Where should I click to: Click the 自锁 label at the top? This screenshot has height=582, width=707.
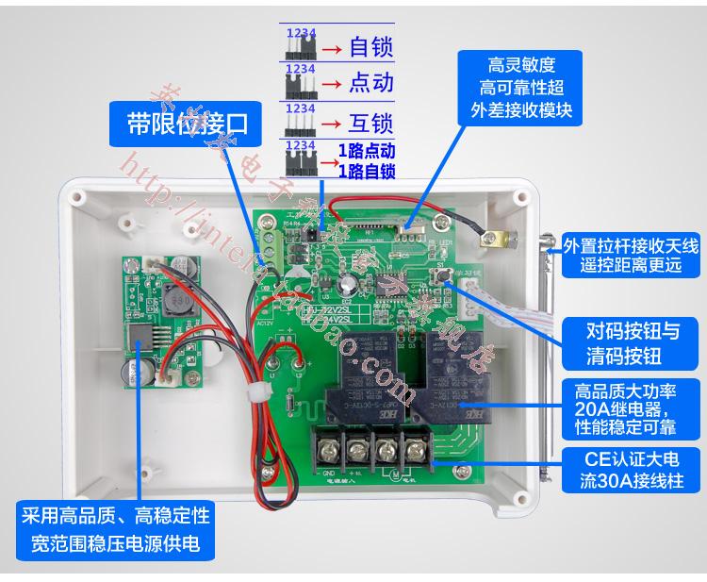pyautogui.click(x=370, y=46)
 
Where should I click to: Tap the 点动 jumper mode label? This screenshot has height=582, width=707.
pyautogui.click(x=370, y=84)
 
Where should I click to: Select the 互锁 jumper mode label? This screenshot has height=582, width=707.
pyautogui.click(x=370, y=123)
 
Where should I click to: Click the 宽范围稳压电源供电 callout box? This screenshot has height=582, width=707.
pyautogui.click(x=114, y=531)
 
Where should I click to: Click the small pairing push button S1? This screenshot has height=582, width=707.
pyautogui.click(x=443, y=274)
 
